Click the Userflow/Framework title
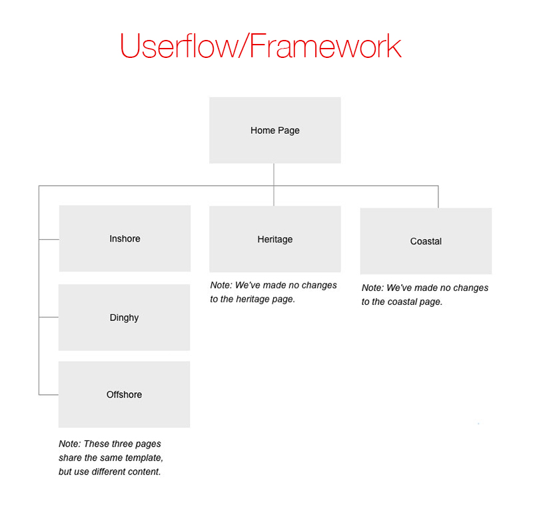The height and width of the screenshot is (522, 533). [x=261, y=46]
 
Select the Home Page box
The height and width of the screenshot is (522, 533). [x=275, y=130]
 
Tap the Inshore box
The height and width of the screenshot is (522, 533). [x=125, y=238]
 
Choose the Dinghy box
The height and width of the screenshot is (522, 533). [x=125, y=317]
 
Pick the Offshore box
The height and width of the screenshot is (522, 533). [x=125, y=394]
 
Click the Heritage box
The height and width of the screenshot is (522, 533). [x=275, y=239]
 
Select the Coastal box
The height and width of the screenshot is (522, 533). [x=426, y=241]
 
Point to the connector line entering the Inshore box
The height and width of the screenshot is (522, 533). [x=49, y=240]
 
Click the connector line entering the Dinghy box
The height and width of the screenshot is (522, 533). [x=49, y=317]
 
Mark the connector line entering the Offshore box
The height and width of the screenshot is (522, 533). [x=49, y=395]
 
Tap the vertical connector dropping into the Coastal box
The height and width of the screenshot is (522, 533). [x=438, y=196]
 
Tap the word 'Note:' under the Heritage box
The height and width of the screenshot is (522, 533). [x=221, y=285]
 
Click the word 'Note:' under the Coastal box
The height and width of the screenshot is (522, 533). [x=372, y=288]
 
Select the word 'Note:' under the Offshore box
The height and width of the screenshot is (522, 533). [x=70, y=444]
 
